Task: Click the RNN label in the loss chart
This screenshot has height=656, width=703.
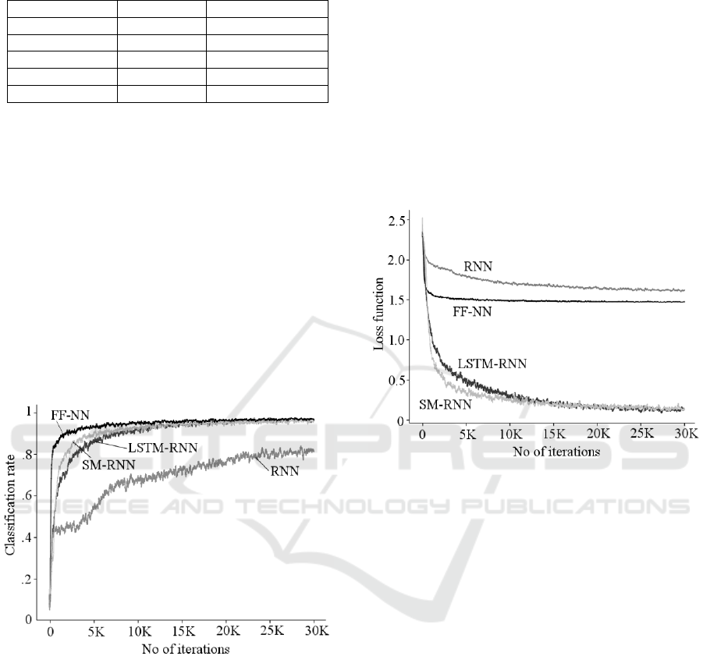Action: [478, 266]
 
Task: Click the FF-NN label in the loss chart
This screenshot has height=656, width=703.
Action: [472, 311]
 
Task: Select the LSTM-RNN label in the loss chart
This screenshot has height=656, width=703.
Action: [492, 363]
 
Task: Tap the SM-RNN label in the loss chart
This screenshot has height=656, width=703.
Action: [446, 405]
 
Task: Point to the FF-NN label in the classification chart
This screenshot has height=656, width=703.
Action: [70, 416]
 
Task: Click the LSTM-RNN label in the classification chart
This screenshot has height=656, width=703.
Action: [163, 448]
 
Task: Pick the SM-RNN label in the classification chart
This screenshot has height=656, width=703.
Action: [108, 465]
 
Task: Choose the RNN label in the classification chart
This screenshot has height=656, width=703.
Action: [285, 471]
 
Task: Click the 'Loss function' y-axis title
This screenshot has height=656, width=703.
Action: [379, 314]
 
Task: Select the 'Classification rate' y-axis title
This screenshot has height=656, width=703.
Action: [10, 505]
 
